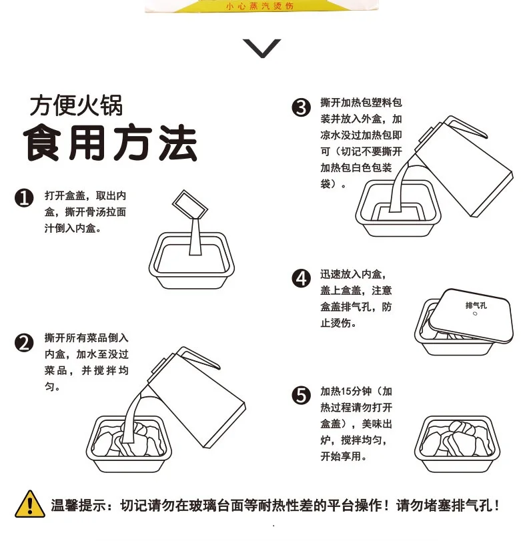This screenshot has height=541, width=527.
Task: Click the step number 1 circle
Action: (x=24, y=197)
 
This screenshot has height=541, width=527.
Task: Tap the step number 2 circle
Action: (x=24, y=343)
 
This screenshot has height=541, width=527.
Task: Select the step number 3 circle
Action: (x=301, y=107)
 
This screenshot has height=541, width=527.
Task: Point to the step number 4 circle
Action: (x=301, y=278)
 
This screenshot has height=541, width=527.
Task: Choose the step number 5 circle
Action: (x=301, y=395)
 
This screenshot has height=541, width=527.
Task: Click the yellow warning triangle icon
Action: (x=30, y=504)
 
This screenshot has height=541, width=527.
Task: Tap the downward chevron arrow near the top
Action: (x=262, y=48)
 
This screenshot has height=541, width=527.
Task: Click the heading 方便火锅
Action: (x=76, y=105)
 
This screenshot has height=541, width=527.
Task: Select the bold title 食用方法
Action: (x=111, y=143)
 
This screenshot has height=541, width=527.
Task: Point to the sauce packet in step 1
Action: (x=190, y=204)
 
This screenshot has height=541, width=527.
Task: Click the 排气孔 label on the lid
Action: (x=476, y=306)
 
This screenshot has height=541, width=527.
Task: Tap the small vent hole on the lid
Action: (x=475, y=314)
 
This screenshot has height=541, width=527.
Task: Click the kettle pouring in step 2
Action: (x=197, y=397)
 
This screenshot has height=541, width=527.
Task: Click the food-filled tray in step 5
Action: (x=457, y=444)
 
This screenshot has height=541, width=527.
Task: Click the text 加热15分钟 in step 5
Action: (x=346, y=392)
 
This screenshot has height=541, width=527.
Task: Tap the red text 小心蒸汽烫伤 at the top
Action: (x=259, y=6)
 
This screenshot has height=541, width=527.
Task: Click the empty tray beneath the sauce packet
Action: (x=191, y=261)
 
